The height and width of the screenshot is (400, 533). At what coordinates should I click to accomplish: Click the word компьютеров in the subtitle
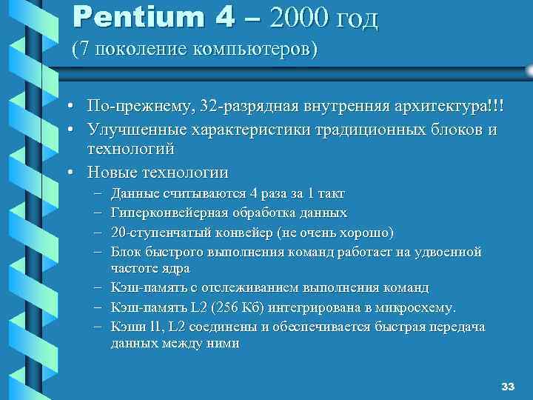click(x=254, y=50)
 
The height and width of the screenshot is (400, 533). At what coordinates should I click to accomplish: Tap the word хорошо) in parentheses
click(x=367, y=233)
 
